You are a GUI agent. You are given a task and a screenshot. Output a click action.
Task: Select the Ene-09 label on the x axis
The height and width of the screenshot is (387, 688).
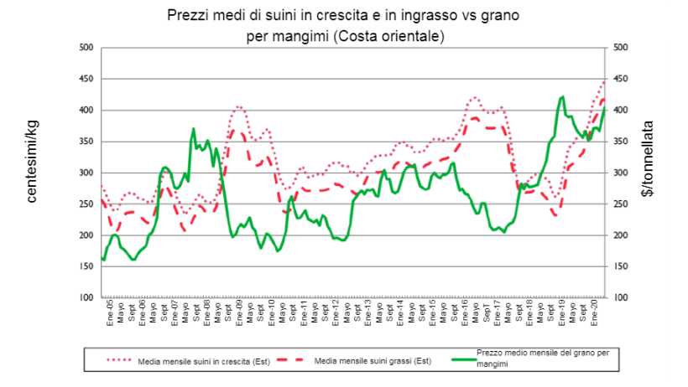(239, 312)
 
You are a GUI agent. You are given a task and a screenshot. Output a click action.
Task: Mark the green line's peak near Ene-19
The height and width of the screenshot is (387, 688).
(561, 96)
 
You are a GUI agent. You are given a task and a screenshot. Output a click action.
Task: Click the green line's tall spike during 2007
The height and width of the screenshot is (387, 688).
(194, 129)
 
